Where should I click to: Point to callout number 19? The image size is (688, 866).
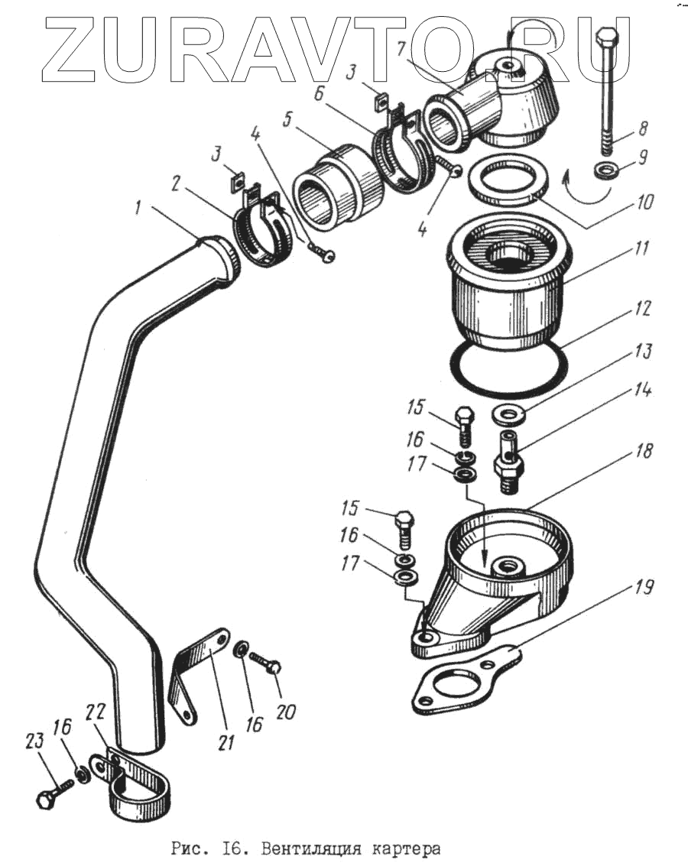(x=643, y=589)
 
